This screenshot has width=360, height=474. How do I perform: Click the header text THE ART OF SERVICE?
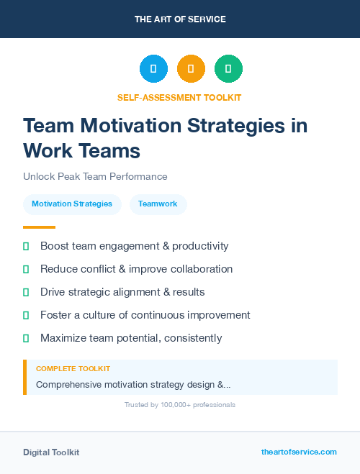(x=180, y=19)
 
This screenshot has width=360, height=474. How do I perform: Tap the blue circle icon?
(x=153, y=69)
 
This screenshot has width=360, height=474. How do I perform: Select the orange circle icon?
(x=191, y=69)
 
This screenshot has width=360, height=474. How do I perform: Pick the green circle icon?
(x=228, y=69)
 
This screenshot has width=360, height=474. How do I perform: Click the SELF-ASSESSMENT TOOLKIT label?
(x=180, y=97)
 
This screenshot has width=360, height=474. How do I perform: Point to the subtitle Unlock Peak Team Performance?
(x=95, y=176)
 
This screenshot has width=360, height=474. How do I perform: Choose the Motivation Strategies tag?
(x=72, y=204)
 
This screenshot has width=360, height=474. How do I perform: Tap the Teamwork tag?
(x=158, y=204)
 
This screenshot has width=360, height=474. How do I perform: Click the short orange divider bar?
(x=39, y=227)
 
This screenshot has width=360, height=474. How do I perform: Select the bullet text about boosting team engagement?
(x=134, y=246)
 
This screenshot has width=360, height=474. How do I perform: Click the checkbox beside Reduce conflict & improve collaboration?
(x=26, y=269)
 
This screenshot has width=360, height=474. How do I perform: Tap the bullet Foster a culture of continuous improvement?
(x=145, y=315)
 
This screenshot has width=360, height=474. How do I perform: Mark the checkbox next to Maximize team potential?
(x=26, y=338)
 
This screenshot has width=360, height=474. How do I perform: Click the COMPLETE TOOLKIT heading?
(x=73, y=368)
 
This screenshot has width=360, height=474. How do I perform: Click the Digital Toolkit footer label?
(x=51, y=452)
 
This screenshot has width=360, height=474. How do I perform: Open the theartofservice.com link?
(x=299, y=452)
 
